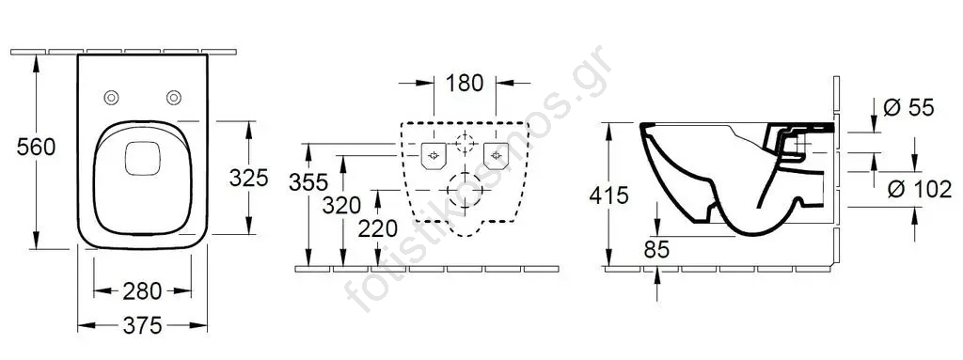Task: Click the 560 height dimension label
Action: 37,148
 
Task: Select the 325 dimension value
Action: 248,179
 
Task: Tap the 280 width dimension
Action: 142,291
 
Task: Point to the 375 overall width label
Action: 142,325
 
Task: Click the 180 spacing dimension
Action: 465,83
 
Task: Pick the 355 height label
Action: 308,181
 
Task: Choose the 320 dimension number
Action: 341,205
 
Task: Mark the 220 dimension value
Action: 378,229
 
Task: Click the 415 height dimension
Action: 608,196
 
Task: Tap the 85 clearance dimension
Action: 656,249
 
